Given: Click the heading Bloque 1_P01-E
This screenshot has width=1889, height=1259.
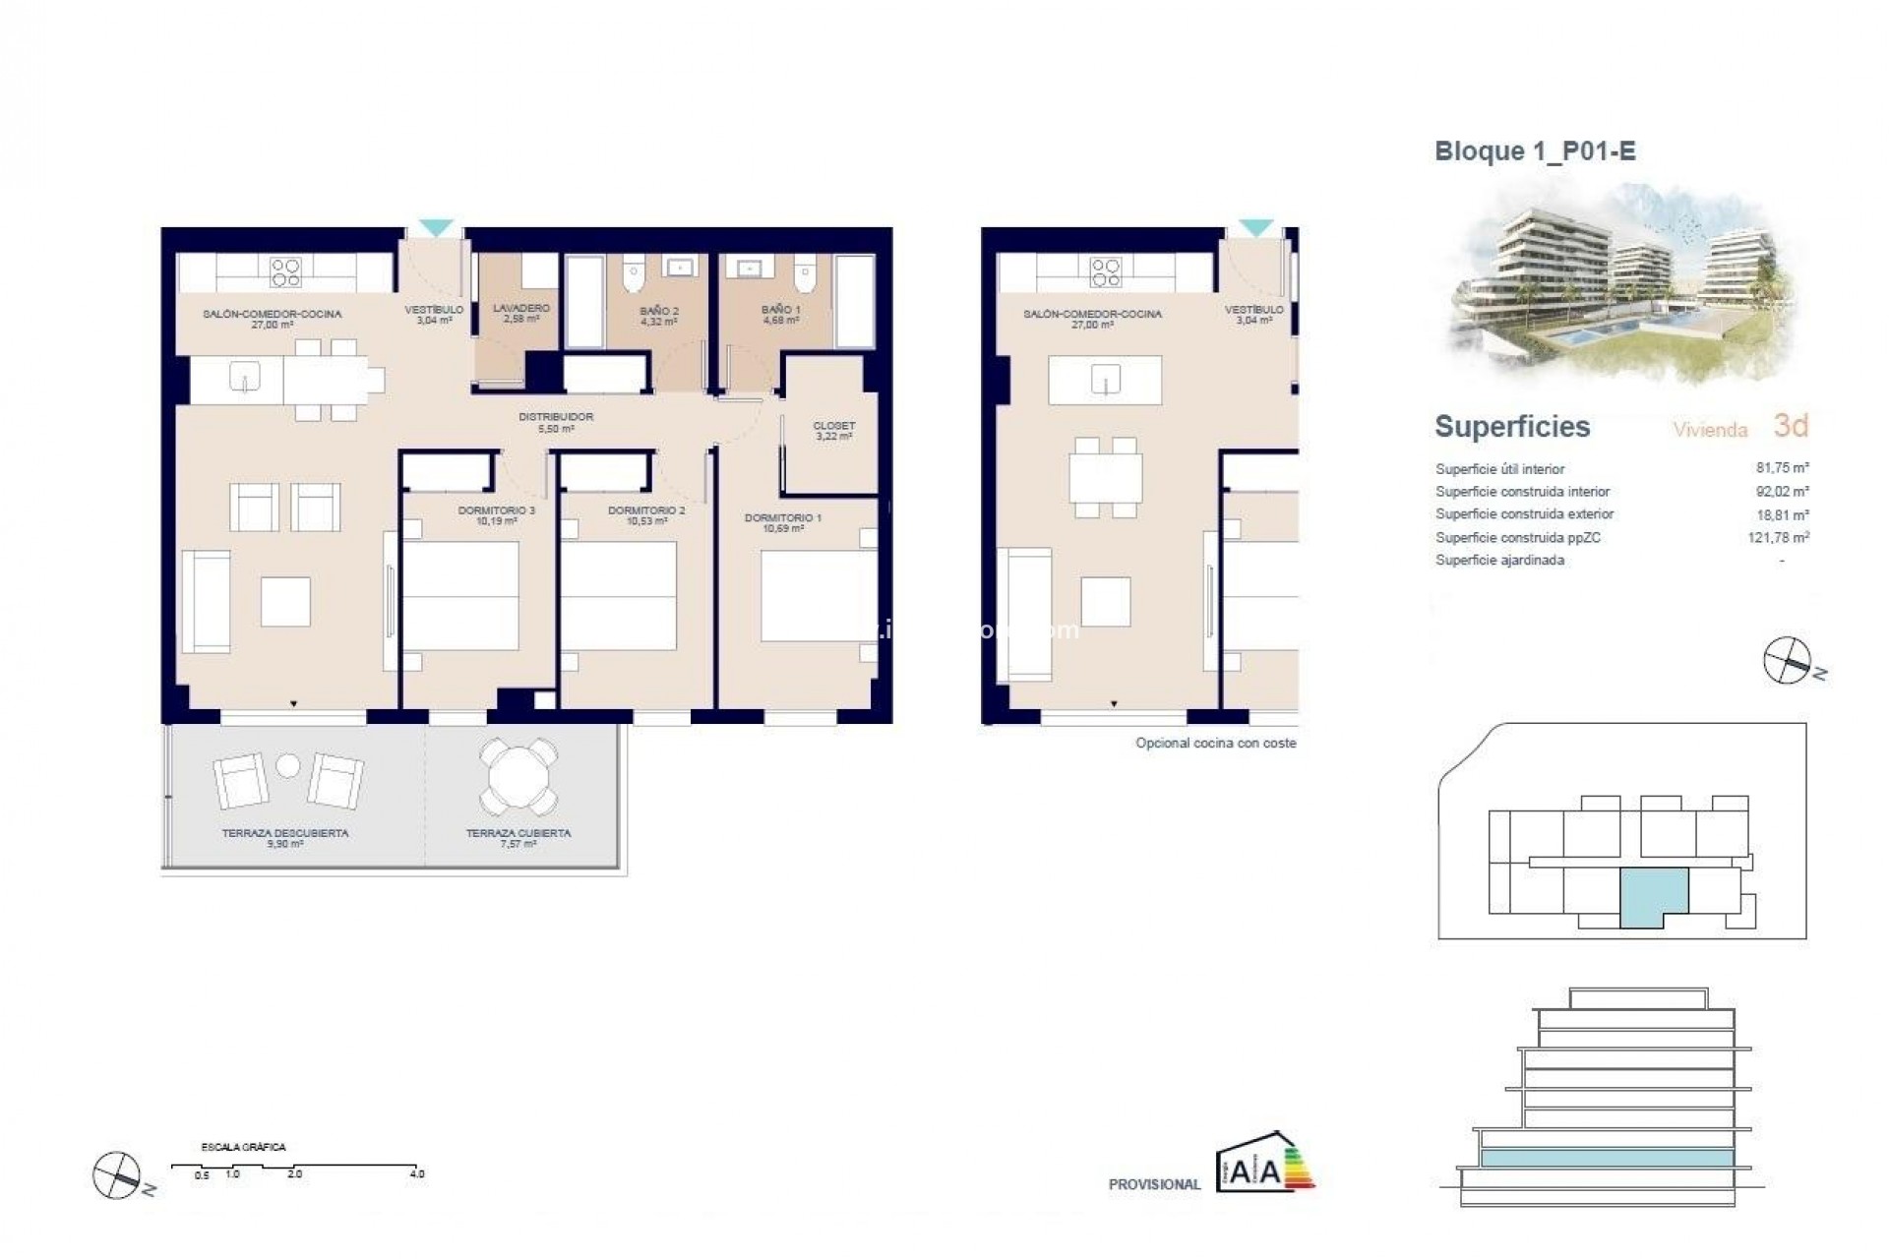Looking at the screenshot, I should coord(1535,151).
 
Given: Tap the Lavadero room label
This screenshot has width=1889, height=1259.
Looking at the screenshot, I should coord(520,313).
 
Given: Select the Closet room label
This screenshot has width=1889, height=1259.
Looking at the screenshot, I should coord(833,431).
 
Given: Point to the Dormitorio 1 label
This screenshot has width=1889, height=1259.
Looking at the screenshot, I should coord(783,522).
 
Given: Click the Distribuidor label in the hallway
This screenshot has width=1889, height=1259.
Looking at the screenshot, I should coord(556,422).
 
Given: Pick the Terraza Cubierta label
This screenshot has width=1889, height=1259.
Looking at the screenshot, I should coord(518,837).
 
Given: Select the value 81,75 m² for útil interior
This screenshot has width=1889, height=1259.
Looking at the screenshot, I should coord(1783,468).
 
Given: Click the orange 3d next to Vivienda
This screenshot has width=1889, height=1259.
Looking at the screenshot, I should coord(1791,426).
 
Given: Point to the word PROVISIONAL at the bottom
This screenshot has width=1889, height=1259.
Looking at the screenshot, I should coord(1154,1184).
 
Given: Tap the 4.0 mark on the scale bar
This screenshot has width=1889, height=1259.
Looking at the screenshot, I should coord(417,1173).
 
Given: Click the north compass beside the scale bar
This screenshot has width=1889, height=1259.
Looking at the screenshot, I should coord(117,1175).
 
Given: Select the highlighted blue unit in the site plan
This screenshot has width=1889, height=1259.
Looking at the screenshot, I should coord(1653,895).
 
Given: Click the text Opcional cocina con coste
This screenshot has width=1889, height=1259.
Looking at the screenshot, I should coord(1215,744).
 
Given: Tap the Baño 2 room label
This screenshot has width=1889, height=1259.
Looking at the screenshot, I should coord(658,315).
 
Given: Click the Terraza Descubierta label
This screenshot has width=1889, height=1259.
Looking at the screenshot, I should coord(284,837).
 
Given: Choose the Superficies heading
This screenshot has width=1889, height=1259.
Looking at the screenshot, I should coord(1512,427).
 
